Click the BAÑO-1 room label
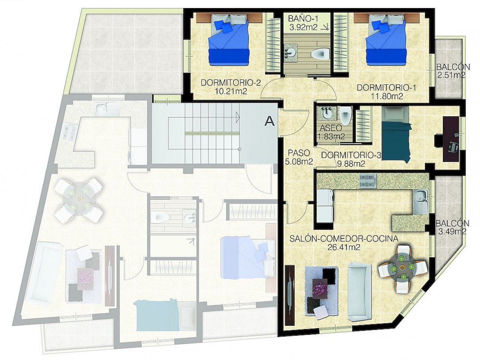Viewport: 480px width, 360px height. click(x=303, y=18)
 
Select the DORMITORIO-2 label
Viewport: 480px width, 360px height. click(x=231, y=83)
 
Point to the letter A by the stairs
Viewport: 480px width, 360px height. click(x=269, y=121)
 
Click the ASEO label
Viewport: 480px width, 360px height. click(x=331, y=128)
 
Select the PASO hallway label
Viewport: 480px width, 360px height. click(x=298, y=153)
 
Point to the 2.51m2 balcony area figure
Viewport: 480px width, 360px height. click(x=451, y=75)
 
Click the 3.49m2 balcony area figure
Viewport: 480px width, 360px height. click(x=452, y=231)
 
